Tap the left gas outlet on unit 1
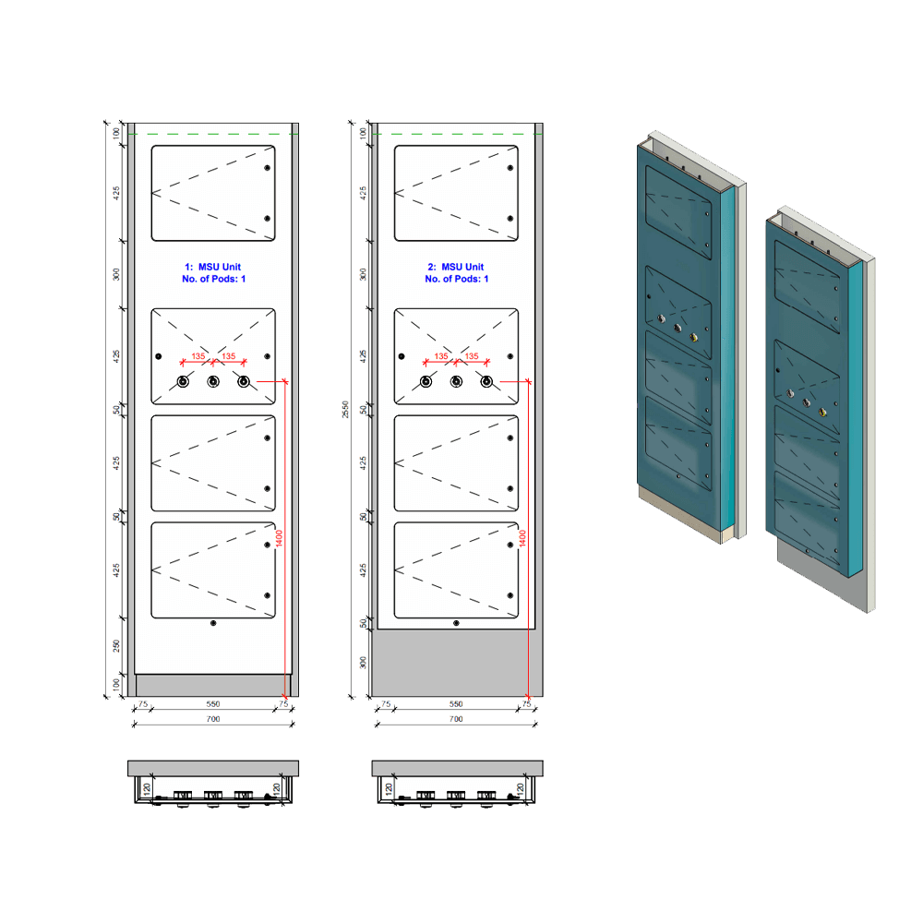(183, 382)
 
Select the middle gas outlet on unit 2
(456, 382)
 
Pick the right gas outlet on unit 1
(244, 382)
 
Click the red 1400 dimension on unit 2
(523, 539)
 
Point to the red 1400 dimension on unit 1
(279, 539)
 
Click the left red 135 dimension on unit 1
(198, 356)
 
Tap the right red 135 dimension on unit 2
(472, 356)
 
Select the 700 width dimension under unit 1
(213, 719)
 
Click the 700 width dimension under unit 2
(456, 719)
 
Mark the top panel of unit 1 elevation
(213, 193)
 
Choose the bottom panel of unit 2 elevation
(456, 570)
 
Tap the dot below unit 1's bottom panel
(213, 624)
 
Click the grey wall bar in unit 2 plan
(456, 768)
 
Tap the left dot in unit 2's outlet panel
(402, 356)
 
